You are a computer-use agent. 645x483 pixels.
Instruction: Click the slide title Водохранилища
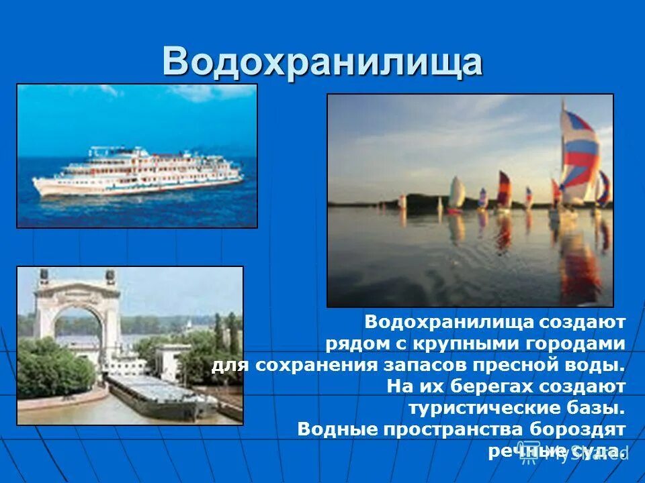[322, 62]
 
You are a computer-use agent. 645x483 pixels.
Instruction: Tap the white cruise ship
[138, 171]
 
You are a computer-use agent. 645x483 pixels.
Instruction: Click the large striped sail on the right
[579, 156]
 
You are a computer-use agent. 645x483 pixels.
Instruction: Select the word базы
[599, 408]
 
